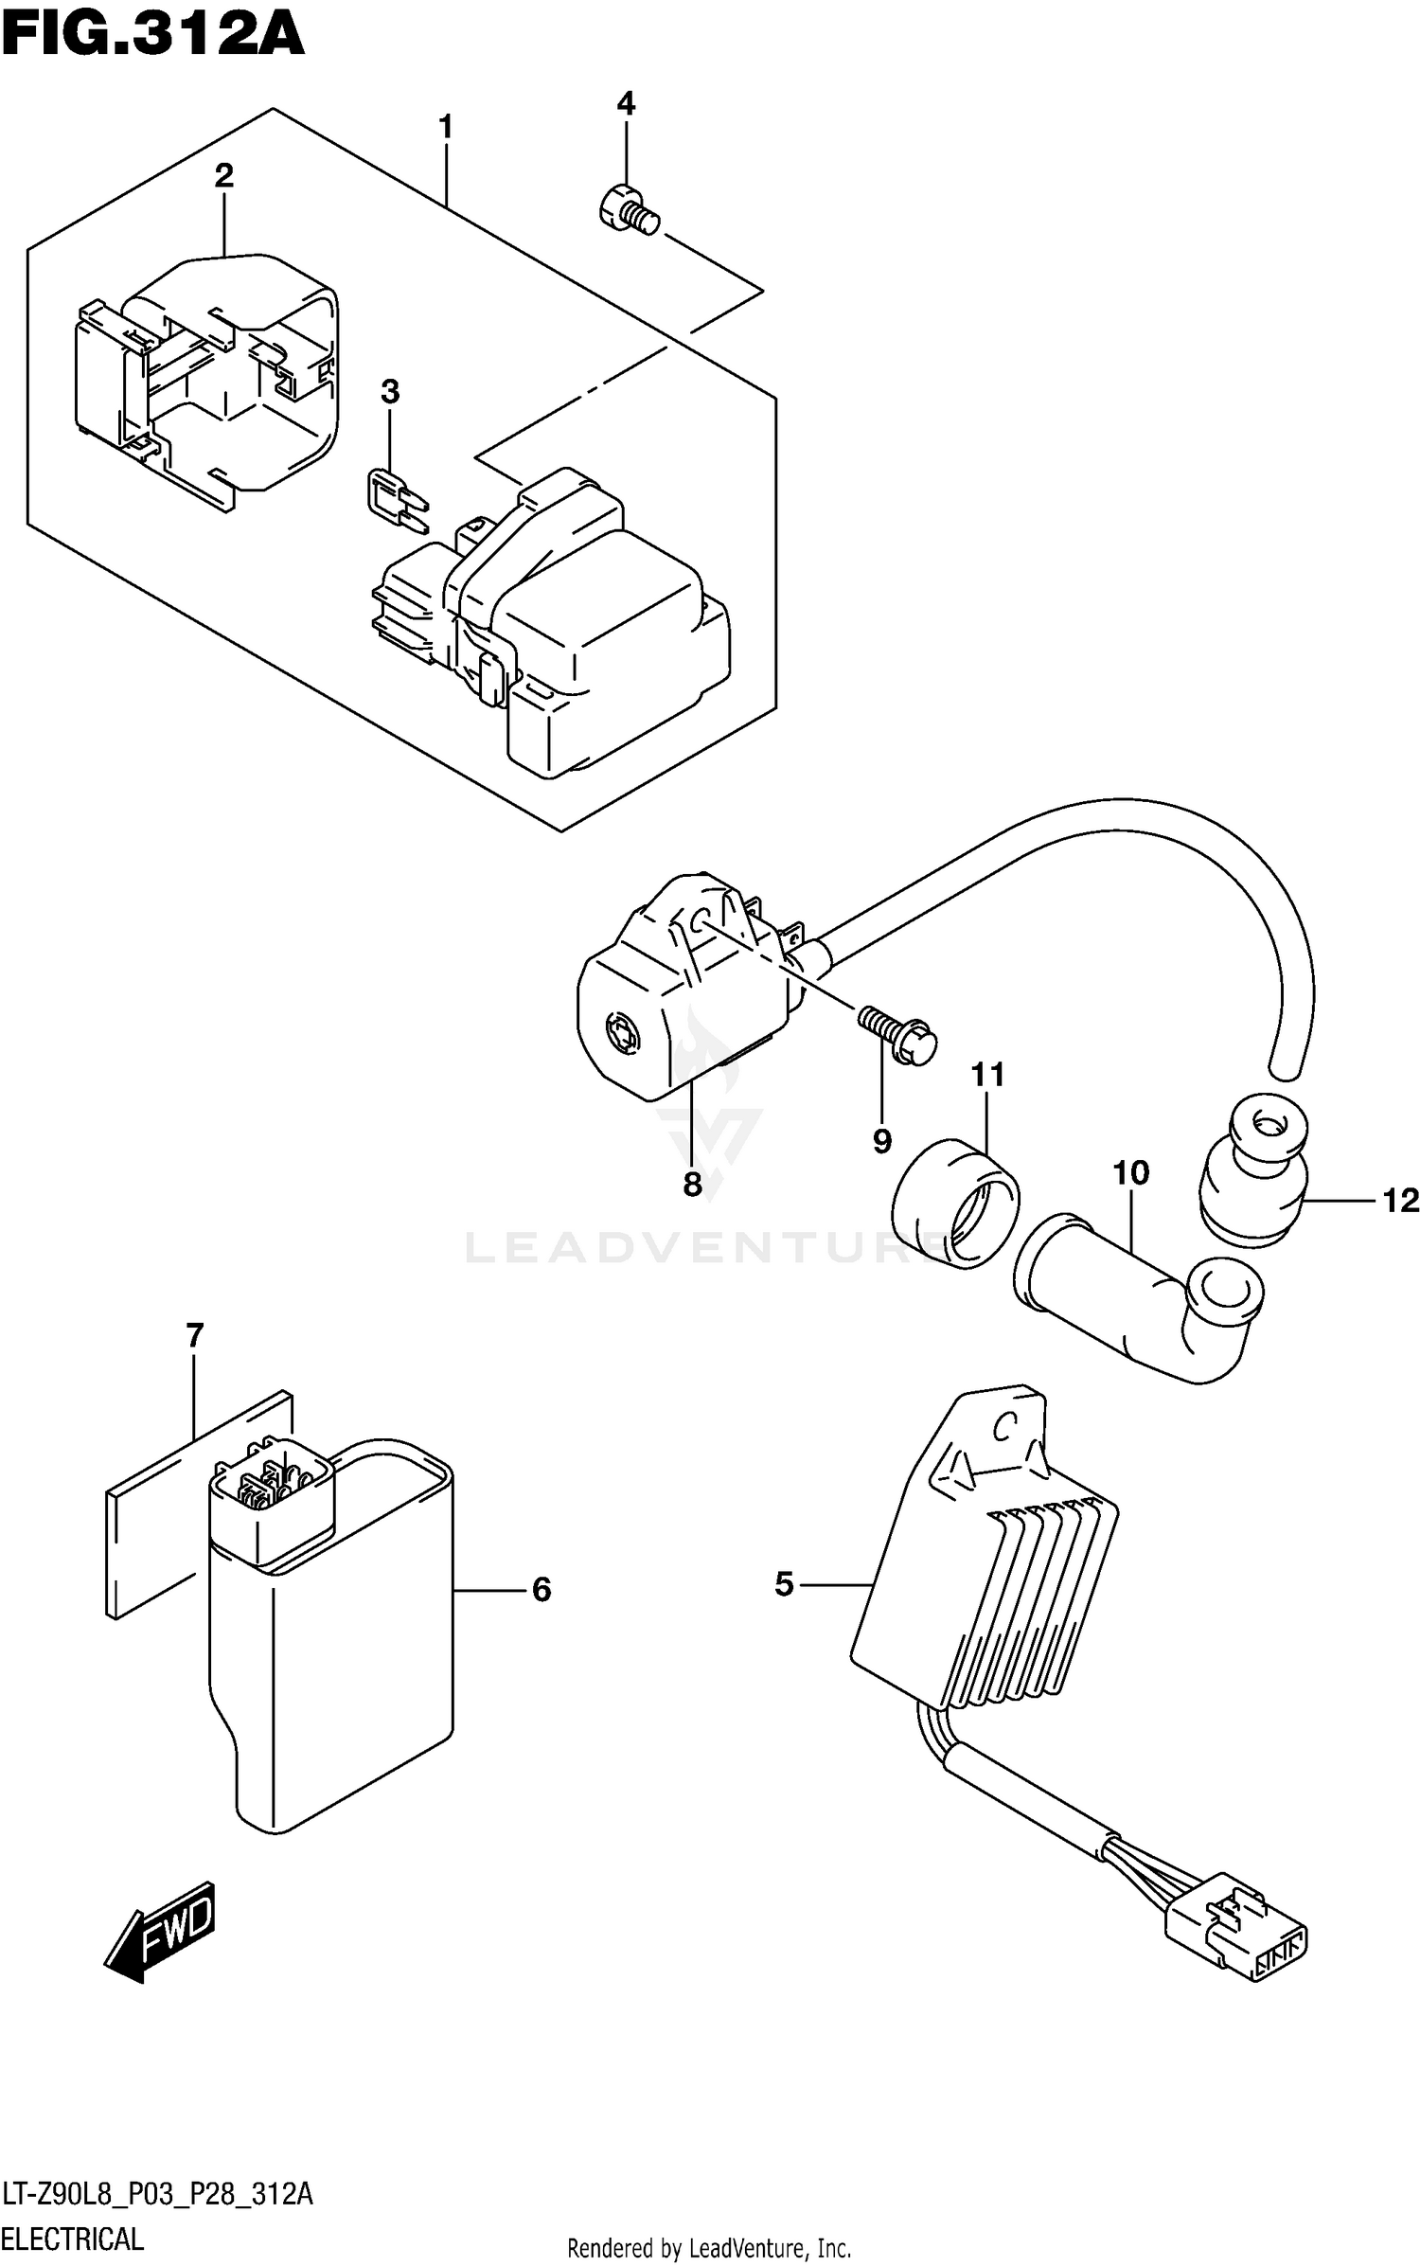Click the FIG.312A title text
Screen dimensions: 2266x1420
point(153,36)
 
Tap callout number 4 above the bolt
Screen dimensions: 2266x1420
point(626,104)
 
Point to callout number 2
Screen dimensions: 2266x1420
point(223,175)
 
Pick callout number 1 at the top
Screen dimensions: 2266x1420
point(446,127)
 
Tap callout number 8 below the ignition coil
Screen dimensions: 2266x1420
point(692,1184)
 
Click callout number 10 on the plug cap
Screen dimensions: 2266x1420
point(1130,1173)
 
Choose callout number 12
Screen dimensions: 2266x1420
point(1401,1201)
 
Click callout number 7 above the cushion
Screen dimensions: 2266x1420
point(194,1336)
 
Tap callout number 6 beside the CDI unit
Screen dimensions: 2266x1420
point(541,1590)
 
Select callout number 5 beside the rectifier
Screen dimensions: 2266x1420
point(784,1583)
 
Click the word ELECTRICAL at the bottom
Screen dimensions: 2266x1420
point(73,2239)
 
